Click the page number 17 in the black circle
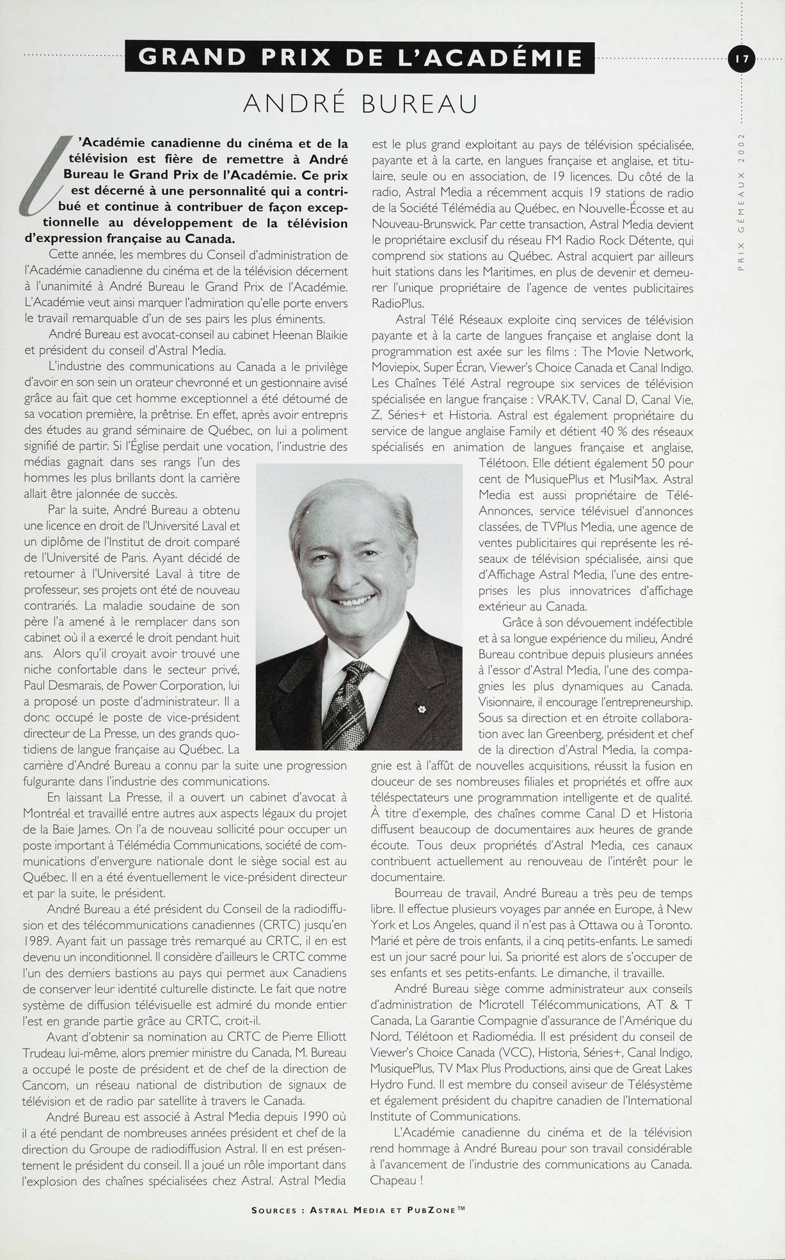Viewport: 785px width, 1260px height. [742, 59]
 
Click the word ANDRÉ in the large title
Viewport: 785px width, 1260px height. [297, 103]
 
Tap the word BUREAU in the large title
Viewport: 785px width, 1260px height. [420, 103]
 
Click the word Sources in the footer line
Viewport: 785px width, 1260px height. [274, 1210]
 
